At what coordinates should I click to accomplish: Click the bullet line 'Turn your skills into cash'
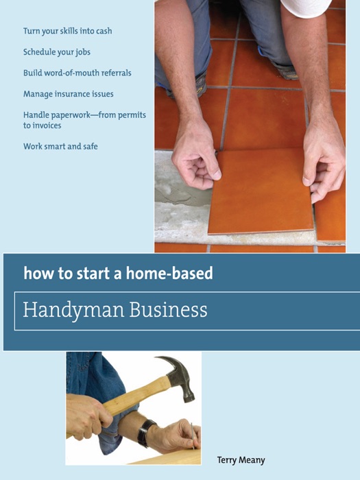click(67, 31)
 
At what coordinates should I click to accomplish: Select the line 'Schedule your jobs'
click(56, 52)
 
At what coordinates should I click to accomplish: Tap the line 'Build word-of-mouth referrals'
click(77, 73)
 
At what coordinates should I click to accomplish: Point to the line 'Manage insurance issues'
click(68, 94)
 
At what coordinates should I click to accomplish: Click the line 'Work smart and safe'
click(60, 146)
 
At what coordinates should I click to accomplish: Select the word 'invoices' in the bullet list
click(47, 125)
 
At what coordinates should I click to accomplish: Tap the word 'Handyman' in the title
click(65, 311)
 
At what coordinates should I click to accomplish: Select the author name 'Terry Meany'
click(241, 460)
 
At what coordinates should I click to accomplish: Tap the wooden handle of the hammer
click(130, 401)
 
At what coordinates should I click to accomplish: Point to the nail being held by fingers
click(194, 433)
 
